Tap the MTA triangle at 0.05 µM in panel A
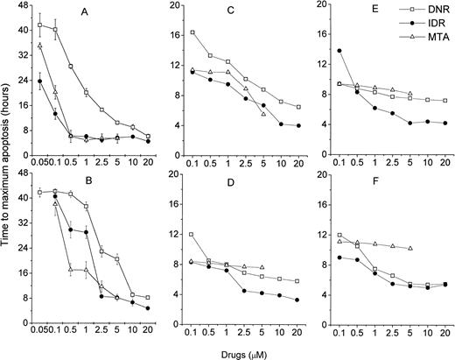pyautogui.click(x=40, y=46)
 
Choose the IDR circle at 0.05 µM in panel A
pyautogui.click(x=40, y=81)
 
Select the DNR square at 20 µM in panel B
pyautogui.click(x=147, y=298)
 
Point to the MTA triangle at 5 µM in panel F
pyautogui.click(x=410, y=248)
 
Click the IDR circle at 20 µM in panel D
pyautogui.click(x=299, y=300)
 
